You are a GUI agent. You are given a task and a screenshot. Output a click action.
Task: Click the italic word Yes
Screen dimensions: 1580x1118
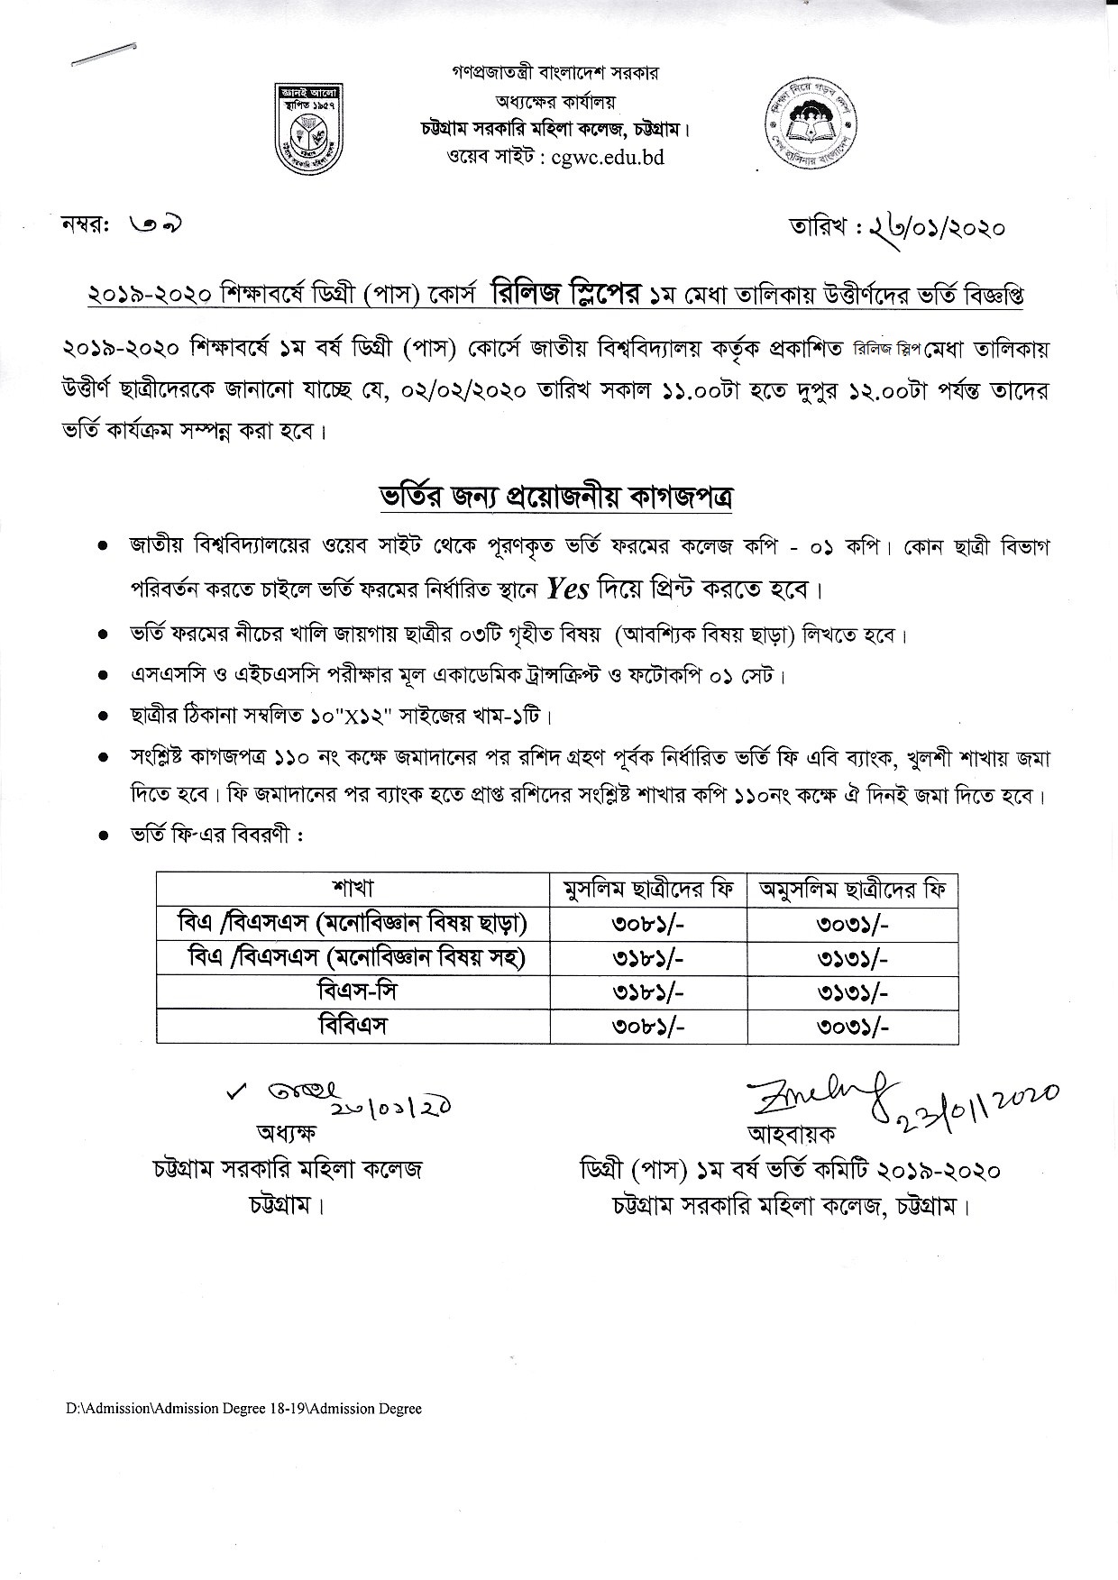point(568,590)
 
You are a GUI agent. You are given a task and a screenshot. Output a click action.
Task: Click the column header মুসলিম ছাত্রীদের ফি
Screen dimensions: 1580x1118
point(646,890)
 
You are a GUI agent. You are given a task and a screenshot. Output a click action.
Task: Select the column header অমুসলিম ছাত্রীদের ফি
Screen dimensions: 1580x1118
point(852,890)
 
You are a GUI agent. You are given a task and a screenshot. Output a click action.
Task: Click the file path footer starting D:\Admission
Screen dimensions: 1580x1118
point(243,1409)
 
